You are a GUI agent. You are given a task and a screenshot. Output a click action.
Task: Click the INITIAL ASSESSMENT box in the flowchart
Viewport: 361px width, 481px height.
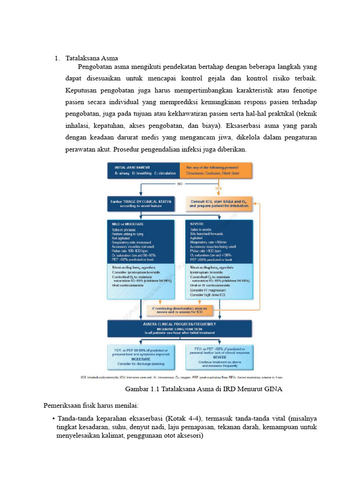click(x=144, y=170)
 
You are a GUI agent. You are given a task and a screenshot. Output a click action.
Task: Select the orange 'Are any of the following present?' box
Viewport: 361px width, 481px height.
click(x=217, y=170)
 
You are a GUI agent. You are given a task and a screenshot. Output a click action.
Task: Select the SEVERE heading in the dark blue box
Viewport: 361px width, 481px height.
click(x=196, y=224)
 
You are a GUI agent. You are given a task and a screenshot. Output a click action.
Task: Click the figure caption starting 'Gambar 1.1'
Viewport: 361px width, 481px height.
click(x=204, y=389)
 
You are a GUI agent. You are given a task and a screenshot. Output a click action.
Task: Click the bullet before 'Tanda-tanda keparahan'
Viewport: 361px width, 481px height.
click(x=54, y=419)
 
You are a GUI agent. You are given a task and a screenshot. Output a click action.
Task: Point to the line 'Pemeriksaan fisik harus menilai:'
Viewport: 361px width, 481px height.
click(x=91, y=404)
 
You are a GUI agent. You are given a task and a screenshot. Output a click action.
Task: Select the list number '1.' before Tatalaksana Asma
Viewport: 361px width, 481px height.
click(x=57, y=58)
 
